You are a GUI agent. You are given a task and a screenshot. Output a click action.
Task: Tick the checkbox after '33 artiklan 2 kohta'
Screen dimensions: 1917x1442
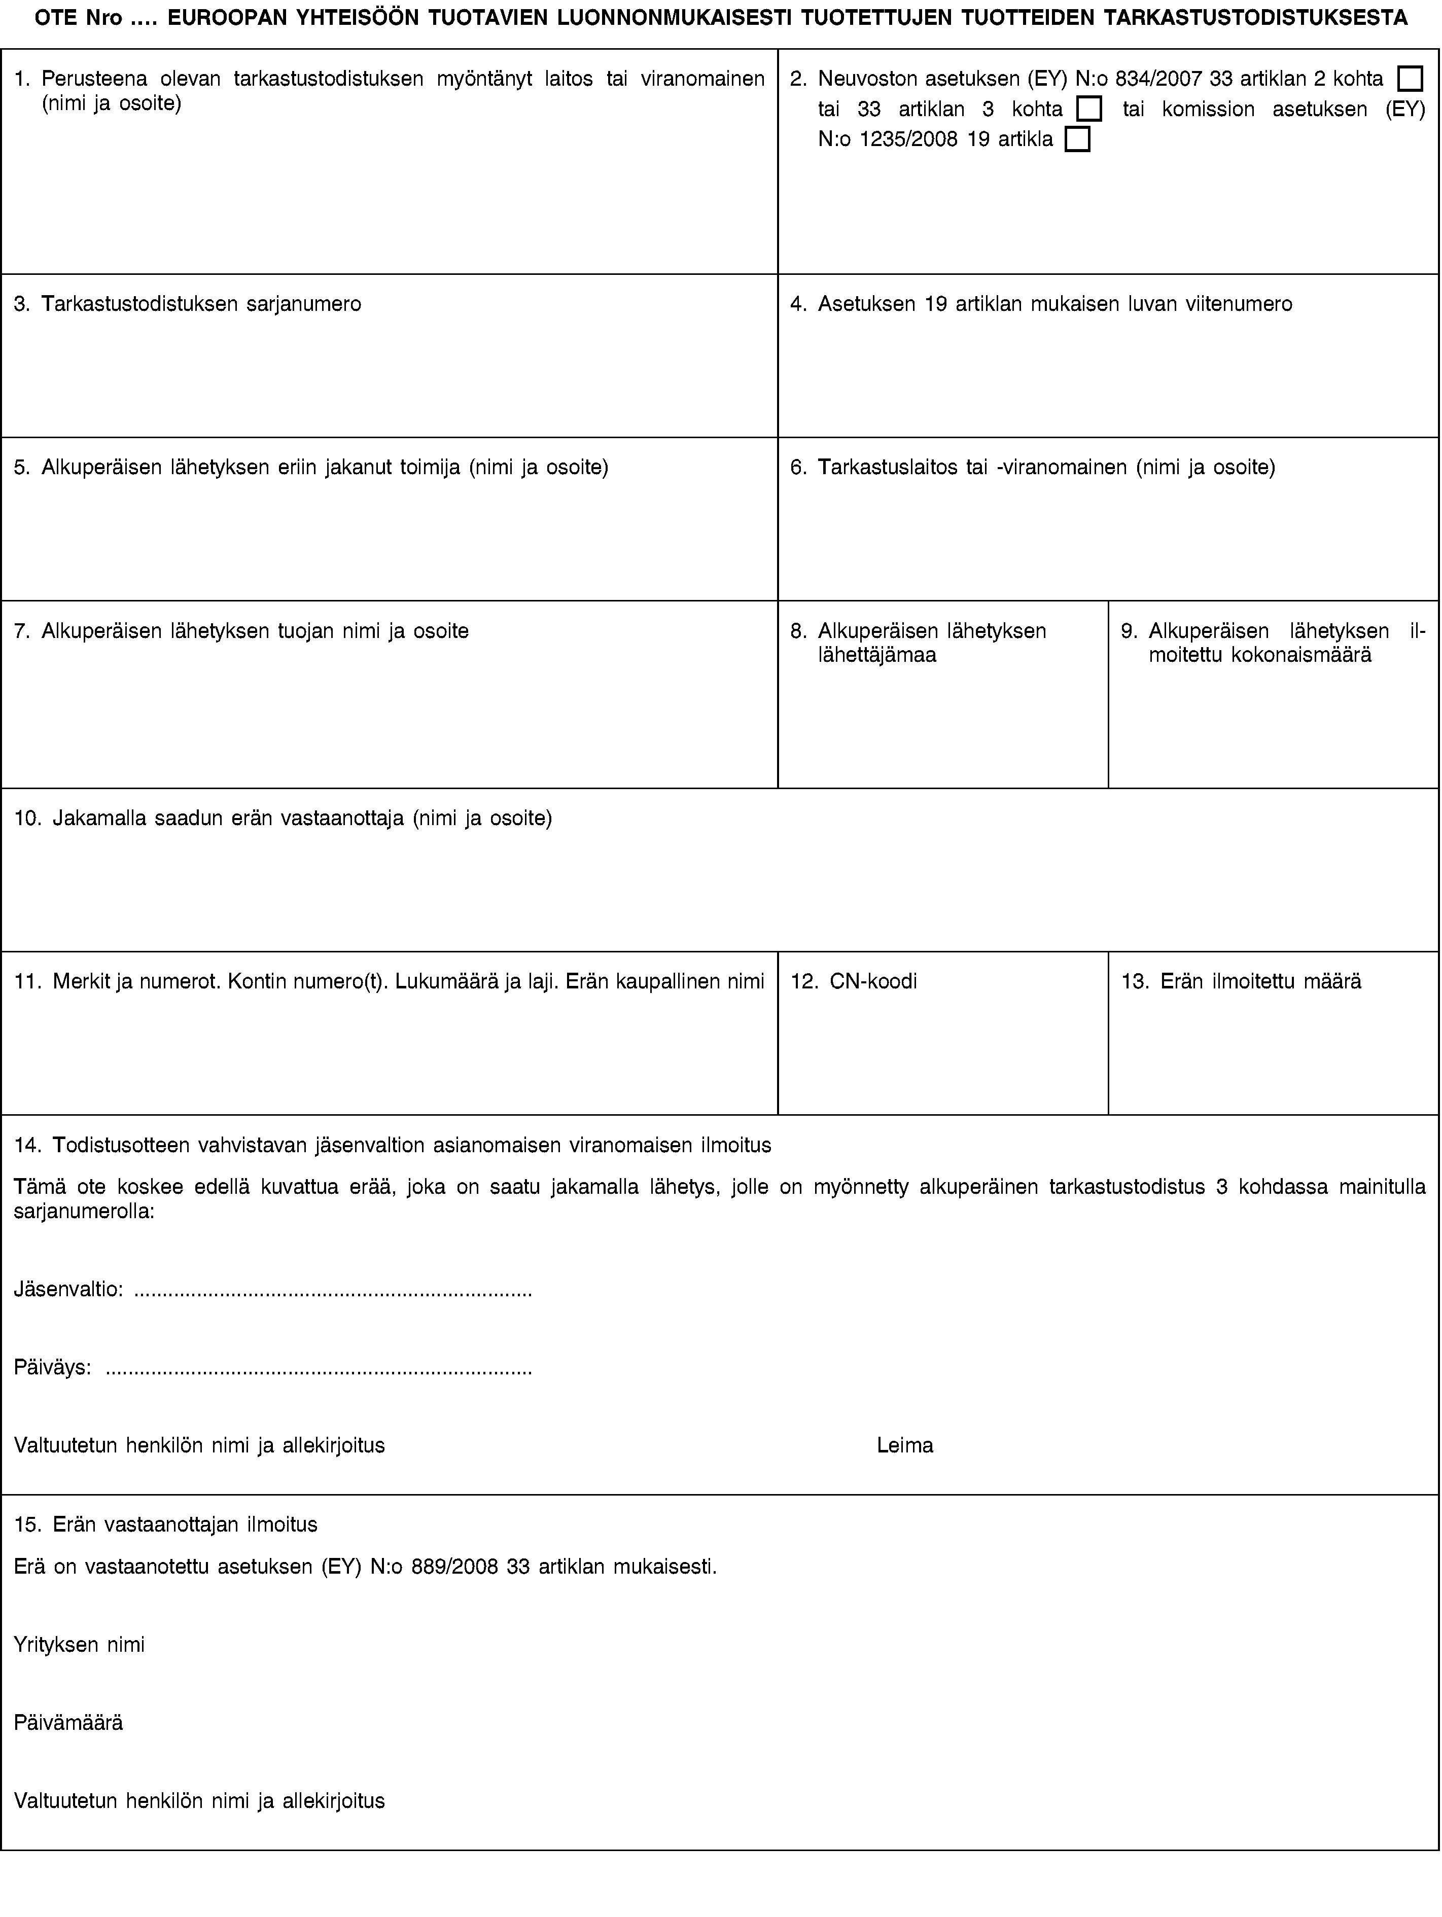pyautogui.click(x=1410, y=79)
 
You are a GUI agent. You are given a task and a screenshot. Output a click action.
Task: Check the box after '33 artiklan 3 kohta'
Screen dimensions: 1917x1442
pyautogui.click(x=1089, y=109)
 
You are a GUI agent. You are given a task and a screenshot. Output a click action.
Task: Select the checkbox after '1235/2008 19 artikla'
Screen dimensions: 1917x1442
pyautogui.click(x=1077, y=139)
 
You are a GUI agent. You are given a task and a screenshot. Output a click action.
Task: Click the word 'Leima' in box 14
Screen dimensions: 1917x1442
pyautogui.click(x=905, y=1445)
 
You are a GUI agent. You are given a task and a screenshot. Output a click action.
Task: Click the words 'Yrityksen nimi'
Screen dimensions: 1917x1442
pyautogui.click(x=80, y=1644)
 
